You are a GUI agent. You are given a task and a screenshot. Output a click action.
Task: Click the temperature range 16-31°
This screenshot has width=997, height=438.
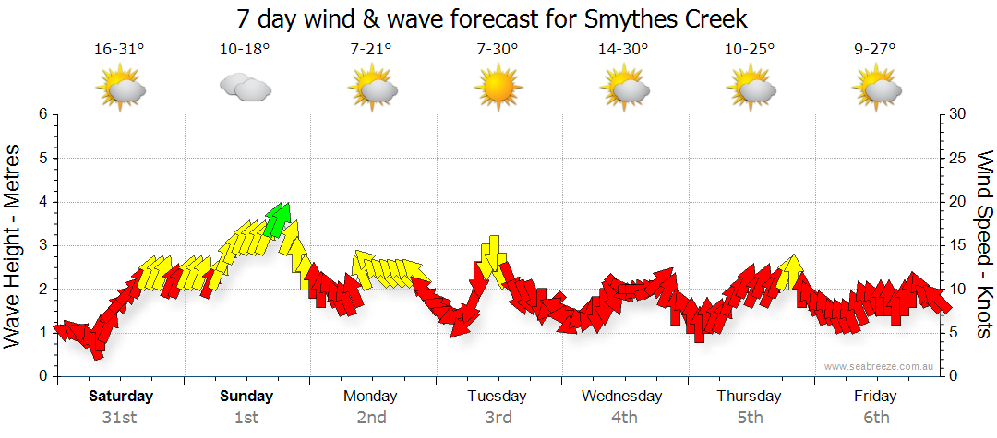pyautogui.click(x=120, y=50)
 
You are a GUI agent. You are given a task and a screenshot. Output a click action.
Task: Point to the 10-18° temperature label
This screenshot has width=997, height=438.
pyautogui.click(x=246, y=50)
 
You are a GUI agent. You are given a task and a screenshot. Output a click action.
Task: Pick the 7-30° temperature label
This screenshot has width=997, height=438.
pyautogui.click(x=498, y=50)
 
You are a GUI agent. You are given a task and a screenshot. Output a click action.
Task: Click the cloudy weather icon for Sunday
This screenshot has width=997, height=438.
pyautogui.click(x=245, y=88)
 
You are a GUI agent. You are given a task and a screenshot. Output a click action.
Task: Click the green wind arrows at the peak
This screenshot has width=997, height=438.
pyautogui.click(x=278, y=219)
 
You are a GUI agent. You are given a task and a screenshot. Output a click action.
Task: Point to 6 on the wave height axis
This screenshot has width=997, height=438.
pyautogui.click(x=42, y=114)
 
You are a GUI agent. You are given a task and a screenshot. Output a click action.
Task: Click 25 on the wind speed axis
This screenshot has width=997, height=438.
pyautogui.click(x=959, y=158)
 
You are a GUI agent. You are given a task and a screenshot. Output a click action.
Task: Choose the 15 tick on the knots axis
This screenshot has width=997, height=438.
pyautogui.click(x=959, y=245)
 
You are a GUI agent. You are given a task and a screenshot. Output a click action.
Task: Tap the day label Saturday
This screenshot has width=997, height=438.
pyautogui.click(x=120, y=397)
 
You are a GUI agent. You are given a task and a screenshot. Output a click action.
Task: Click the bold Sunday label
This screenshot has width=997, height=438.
pyautogui.click(x=246, y=397)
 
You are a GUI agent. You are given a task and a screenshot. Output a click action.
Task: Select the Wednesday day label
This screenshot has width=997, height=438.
pyautogui.click(x=622, y=397)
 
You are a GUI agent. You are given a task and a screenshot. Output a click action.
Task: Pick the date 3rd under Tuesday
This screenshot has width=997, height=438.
pyautogui.click(x=498, y=418)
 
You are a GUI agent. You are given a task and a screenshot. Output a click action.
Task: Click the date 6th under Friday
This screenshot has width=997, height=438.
pyautogui.click(x=875, y=418)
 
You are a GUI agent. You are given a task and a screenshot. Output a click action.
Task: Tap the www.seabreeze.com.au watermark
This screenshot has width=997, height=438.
pyautogui.click(x=881, y=366)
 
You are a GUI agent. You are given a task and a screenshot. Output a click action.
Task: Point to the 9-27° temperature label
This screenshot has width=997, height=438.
pyautogui.click(x=875, y=50)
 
